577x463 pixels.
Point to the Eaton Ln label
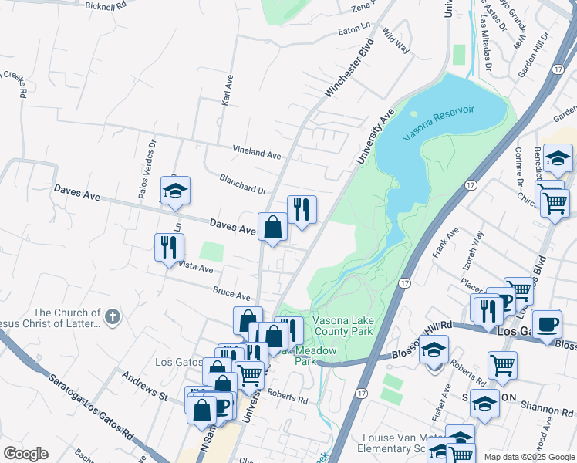pyautogui.click(x=355, y=32)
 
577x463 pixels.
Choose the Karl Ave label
pyautogui.click(x=228, y=90)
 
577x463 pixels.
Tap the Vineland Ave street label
pyautogui.click(x=258, y=154)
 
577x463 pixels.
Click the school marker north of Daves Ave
pyautogui.click(x=175, y=190)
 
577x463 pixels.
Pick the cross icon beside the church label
pyautogui.click(x=112, y=316)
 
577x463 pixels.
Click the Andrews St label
pyautogui.click(x=144, y=384)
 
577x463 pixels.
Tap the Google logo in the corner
pyautogui.click(x=25, y=454)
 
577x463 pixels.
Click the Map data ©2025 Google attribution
pyautogui.click(x=529, y=457)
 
